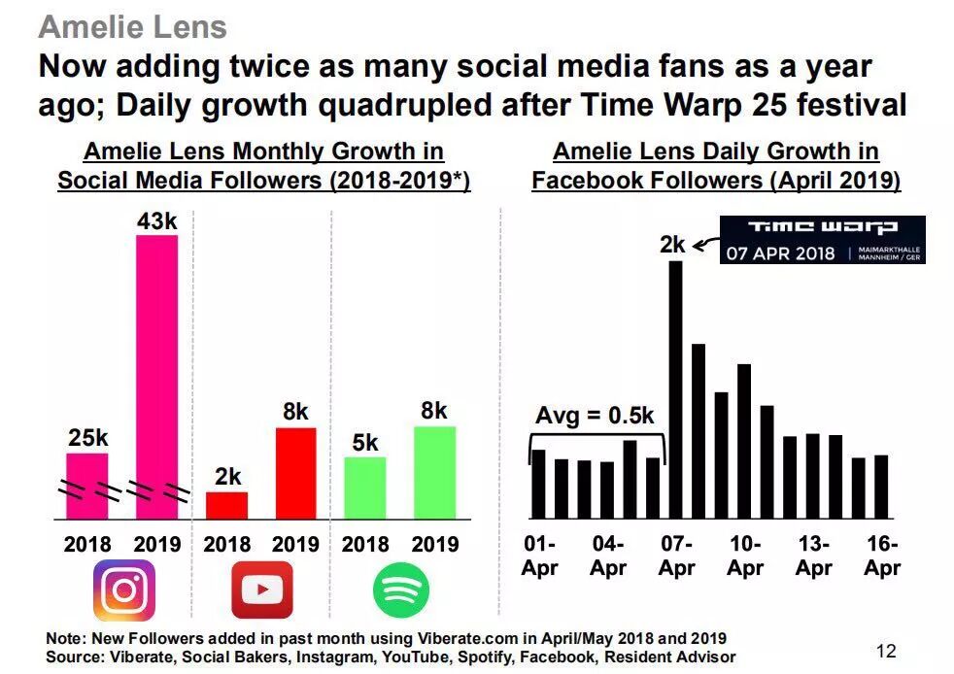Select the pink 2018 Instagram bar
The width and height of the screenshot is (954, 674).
click(x=87, y=486)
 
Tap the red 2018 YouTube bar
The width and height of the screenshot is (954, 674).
click(x=226, y=505)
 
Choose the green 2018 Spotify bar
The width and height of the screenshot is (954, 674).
click(x=365, y=488)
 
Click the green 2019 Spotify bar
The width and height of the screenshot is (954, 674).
click(x=434, y=472)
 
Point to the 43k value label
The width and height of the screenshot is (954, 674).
click(x=156, y=221)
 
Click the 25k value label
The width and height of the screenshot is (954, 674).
click(x=87, y=438)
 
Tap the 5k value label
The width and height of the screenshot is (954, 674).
click(x=365, y=443)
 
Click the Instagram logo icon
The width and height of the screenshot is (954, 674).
click(x=123, y=590)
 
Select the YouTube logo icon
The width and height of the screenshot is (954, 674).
click(x=261, y=590)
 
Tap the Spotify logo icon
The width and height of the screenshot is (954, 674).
click(x=400, y=590)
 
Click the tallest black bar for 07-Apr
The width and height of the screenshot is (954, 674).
click(x=675, y=389)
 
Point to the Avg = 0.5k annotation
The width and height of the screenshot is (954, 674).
click(x=595, y=417)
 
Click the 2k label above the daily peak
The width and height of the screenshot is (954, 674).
click(x=672, y=246)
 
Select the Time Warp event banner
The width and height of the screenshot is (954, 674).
click(x=822, y=240)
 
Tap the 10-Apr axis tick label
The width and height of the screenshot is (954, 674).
click(x=745, y=556)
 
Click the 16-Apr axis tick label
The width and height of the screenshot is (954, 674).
click(x=882, y=556)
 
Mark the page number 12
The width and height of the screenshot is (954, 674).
click(x=886, y=651)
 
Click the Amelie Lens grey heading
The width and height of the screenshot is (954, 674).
click(x=132, y=26)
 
